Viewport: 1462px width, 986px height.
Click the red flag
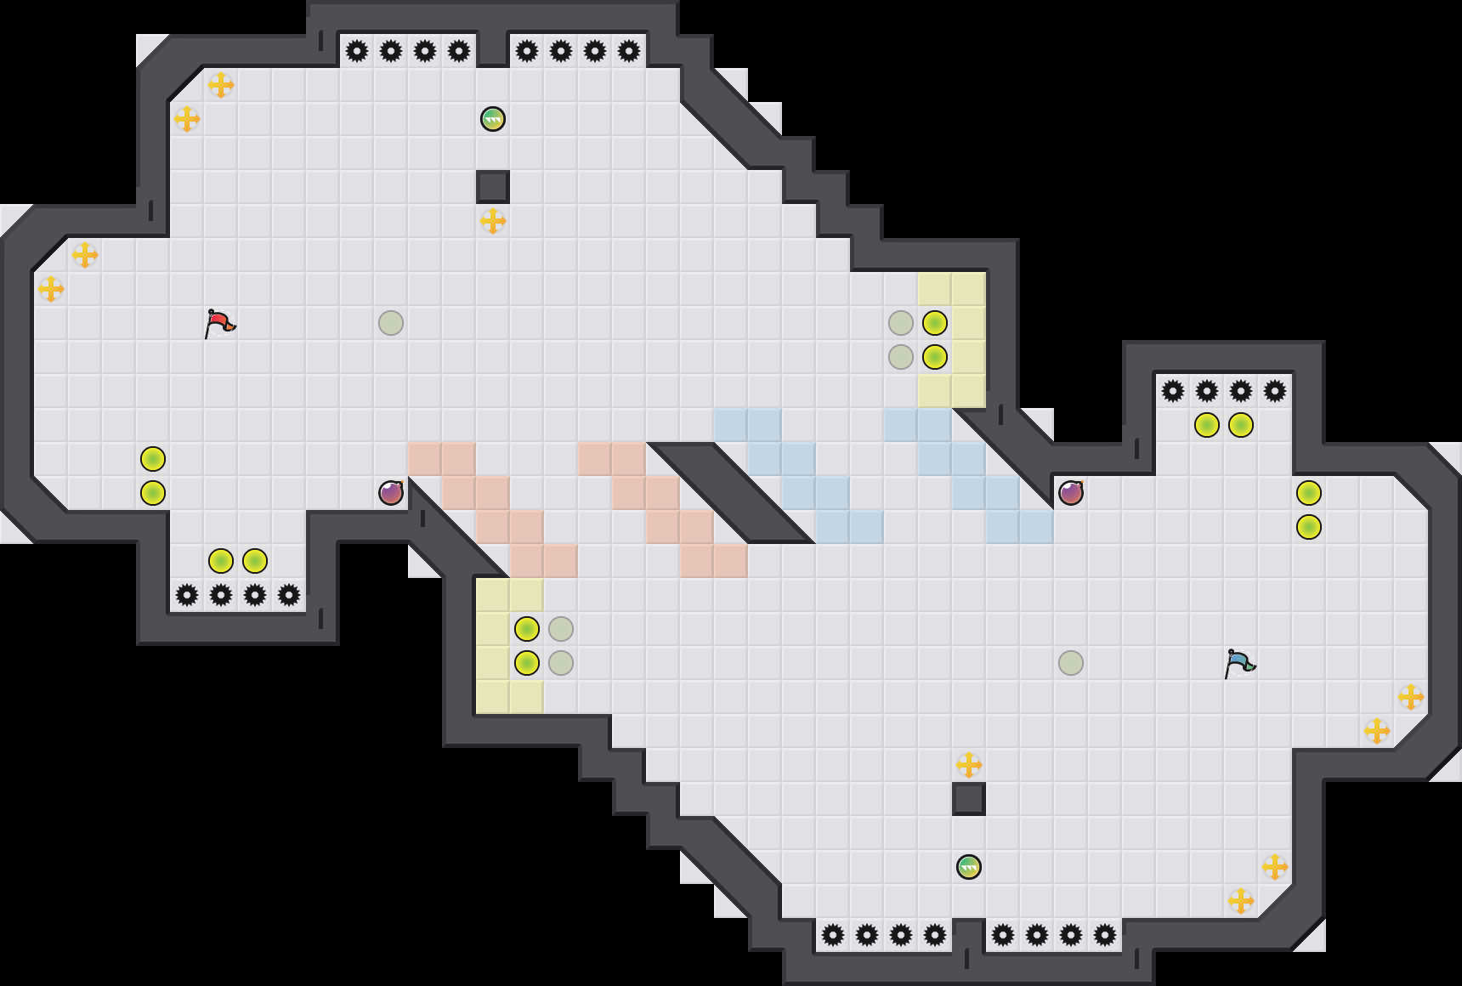tap(219, 323)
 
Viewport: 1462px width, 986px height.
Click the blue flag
tap(1239, 663)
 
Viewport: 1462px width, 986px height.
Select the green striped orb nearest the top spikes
tap(493, 119)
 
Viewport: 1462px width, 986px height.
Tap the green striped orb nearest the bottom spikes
tap(969, 867)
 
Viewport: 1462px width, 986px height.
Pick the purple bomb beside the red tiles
tap(391, 493)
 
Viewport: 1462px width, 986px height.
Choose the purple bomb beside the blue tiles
tap(1071, 493)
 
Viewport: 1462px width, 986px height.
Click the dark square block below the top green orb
tap(493, 187)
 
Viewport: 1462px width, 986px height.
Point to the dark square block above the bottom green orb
tap(969, 799)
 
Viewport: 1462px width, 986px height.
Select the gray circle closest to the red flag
tap(391, 323)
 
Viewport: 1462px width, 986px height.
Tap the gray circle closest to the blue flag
tap(1071, 663)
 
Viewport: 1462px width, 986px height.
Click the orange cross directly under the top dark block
tap(493, 221)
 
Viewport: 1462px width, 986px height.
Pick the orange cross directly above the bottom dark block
tap(969, 765)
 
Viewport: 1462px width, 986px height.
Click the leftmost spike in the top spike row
tap(357, 51)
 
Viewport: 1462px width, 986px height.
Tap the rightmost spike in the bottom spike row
tap(1105, 935)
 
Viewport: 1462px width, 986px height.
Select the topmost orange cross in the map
tap(221, 85)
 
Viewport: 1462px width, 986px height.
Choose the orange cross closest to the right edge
tap(1411, 697)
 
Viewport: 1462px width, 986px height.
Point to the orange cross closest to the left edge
tap(51, 289)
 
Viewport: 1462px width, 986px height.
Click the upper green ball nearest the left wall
tap(153, 459)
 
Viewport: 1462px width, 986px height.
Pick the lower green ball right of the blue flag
tap(1309, 527)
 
